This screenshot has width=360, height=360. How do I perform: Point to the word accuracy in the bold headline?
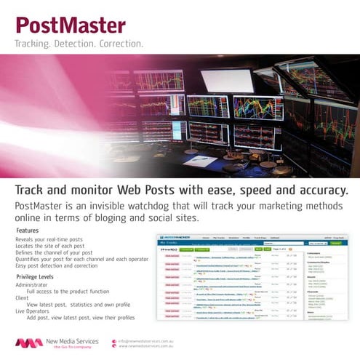click(x=313, y=190)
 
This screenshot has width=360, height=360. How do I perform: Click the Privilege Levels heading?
click(x=35, y=277)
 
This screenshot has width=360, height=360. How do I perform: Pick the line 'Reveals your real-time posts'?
click(x=49, y=239)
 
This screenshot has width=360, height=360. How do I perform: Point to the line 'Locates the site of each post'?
click(x=49, y=245)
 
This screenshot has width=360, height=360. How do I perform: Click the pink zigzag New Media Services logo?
click(x=29, y=343)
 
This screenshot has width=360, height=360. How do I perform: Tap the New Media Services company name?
click(x=76, y=340)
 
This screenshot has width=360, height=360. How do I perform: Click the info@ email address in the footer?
click(x=146, y=340)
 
